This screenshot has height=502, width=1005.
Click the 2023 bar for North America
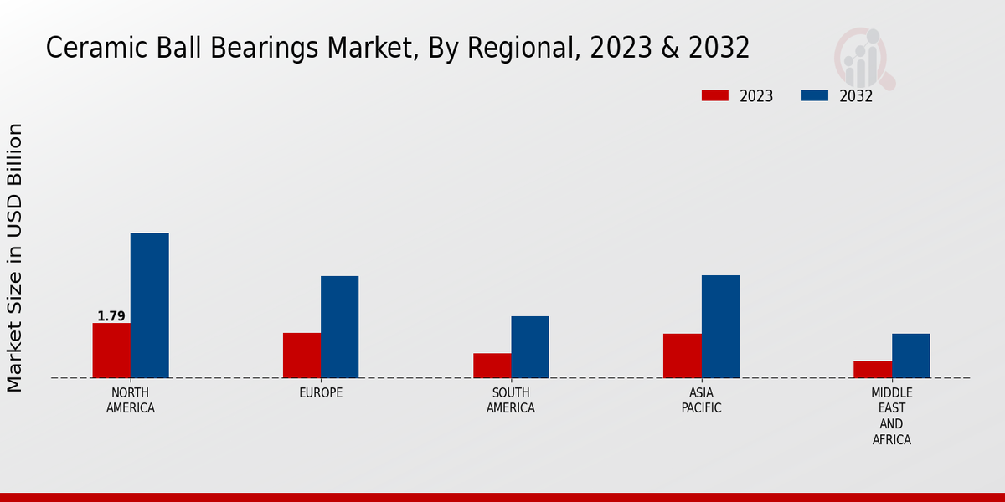(111, 351)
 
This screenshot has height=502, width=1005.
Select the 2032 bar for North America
(149, 305)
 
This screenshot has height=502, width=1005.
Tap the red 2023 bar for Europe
(301, 356)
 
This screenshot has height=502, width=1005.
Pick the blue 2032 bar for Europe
(339, 327)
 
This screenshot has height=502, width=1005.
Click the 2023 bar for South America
(492, 366)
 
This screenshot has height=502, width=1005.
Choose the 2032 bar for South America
(530, 347)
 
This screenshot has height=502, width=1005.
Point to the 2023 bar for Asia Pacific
(683, 356)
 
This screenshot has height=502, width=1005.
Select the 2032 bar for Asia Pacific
(720, 326)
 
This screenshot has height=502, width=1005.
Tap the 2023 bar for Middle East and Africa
(873, 369)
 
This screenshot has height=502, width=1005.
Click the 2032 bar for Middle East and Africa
(910, 356)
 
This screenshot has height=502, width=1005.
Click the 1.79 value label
(111, 316)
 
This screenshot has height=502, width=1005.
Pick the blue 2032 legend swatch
(814, 95)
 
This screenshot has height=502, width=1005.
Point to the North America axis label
(131, 400)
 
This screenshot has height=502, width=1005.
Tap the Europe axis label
(321, 392)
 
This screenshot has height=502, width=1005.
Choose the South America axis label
(511, 400)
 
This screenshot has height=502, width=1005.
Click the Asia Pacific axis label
(701, 400)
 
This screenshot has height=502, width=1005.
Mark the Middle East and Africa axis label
(892, 416)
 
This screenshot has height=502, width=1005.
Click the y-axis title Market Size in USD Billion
(15, 258)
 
